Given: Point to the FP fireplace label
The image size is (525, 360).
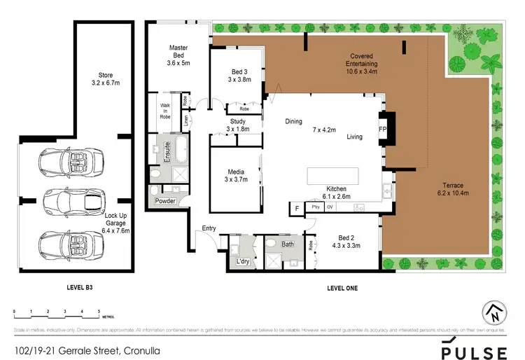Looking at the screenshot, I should [x=382, y=130].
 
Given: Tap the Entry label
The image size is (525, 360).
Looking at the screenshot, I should [x=209, y=228].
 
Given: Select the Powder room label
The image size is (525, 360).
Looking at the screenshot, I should [x=165, y=201].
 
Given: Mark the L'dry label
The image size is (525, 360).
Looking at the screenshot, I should [x=243, y=261].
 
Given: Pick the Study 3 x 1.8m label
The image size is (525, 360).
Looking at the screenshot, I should [x=237, y=125].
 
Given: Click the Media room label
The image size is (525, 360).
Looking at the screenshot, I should [x=236, y=176].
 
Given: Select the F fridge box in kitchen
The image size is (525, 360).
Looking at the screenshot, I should [x=296, y=208].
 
